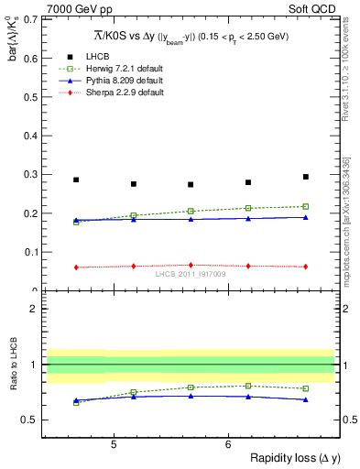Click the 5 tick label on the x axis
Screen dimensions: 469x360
tap(113, 444)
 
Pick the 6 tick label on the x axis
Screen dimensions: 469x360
tap(227, 444)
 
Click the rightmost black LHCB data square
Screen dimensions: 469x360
tap(305, 177)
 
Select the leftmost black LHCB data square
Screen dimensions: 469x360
tap(76, 180)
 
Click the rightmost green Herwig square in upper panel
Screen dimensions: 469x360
tap(305, 206)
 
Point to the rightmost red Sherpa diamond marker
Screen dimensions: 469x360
tap(305, 267)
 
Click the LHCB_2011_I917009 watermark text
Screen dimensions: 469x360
tap(190, 274)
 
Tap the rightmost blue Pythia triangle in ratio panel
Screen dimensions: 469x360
tap(305, 399)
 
